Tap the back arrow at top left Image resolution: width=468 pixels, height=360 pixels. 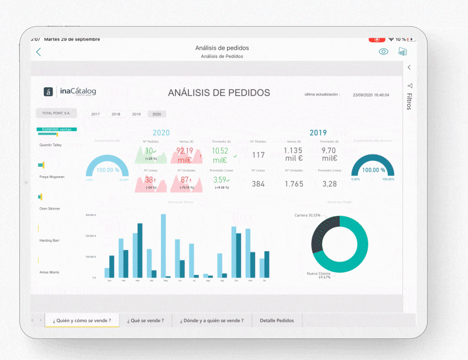pos(39,52)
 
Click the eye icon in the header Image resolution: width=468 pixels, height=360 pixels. pos(383,52)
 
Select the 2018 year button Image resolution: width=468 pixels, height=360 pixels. pos(116,114)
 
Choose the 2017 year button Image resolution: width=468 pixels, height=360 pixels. pos(95,114)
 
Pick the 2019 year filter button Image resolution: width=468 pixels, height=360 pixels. pos(136,114)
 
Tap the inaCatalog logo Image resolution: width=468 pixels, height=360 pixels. pos(70,91)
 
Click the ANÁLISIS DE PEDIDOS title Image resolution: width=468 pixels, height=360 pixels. pos(219,92)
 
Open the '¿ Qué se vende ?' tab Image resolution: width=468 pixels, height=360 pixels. pos(146,320)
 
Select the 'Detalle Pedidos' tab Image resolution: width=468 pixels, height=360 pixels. pos(277,320)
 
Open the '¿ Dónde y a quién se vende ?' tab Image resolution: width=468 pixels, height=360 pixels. pos(212,320)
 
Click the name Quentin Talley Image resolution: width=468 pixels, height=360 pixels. pos(50,145)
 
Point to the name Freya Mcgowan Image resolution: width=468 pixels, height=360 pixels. pos(52,177)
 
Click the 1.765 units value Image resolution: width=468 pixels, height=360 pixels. pos(294,184)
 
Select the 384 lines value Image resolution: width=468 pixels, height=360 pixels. pos(258,184)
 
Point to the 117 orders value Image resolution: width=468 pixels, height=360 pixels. pos(258,155)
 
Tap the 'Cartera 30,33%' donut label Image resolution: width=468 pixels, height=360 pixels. pos(308,215)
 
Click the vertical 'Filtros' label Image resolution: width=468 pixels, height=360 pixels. pos(409,101)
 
